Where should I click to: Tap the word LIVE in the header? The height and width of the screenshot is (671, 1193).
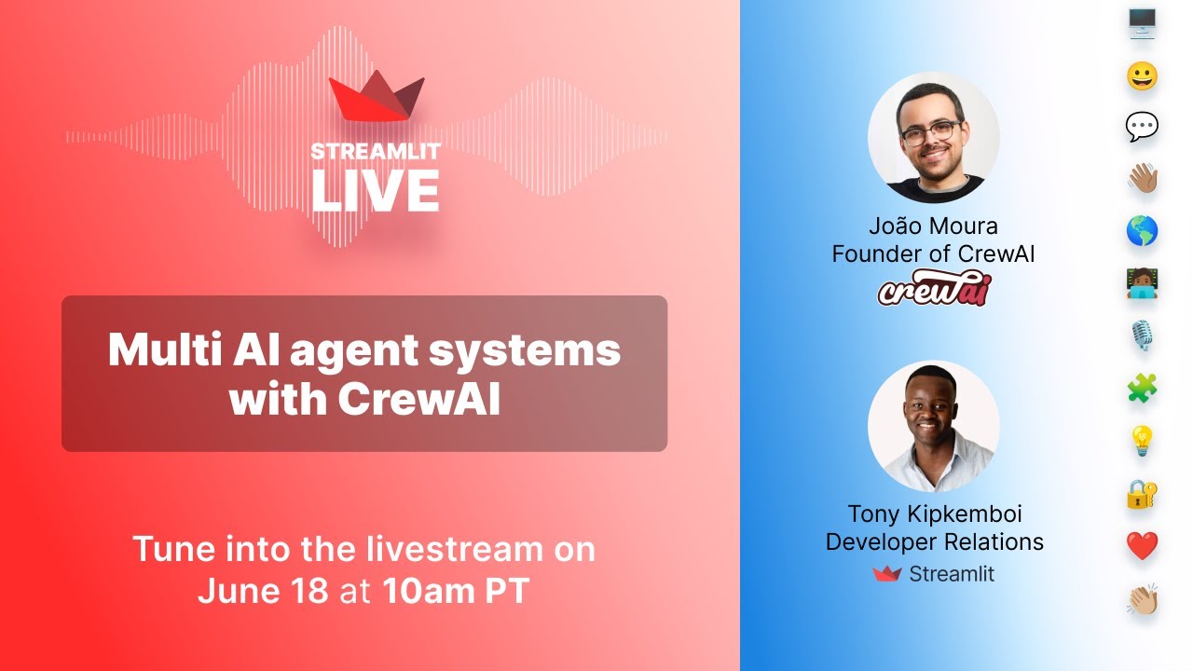(x=375, y=190)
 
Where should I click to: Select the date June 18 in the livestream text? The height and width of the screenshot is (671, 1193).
(x=263, y=592)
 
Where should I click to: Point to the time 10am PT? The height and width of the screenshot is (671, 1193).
(x=456, y=592)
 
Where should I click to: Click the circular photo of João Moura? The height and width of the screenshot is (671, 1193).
(x=933, y=137)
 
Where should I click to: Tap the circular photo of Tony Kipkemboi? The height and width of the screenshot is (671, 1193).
(x=933, y=426)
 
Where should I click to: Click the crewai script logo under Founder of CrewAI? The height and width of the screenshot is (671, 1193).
(x=934, y=289)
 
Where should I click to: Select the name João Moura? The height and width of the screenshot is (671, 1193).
(x=933, y=226)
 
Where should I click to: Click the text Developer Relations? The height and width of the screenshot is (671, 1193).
(x=934, y=541)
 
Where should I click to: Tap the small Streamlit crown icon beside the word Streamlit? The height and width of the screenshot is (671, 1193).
(x=886, y=574)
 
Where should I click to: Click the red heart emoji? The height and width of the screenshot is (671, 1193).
(x=1142, y=545)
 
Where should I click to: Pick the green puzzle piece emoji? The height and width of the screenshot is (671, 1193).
(x=1142, y=388)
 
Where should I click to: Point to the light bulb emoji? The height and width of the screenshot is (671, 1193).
(x=1142, y=440)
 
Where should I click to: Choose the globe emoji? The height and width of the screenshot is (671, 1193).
(x=1142, y=230)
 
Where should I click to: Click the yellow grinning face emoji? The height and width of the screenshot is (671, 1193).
(x=1142, y=75)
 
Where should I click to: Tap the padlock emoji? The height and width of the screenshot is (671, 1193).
(x=1142, y=493)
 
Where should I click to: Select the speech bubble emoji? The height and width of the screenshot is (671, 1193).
(x=1142, y=127)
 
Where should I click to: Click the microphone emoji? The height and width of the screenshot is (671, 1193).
(x=1142, y=335)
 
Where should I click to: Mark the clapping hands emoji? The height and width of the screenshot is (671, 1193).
(x=1142, y=599)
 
